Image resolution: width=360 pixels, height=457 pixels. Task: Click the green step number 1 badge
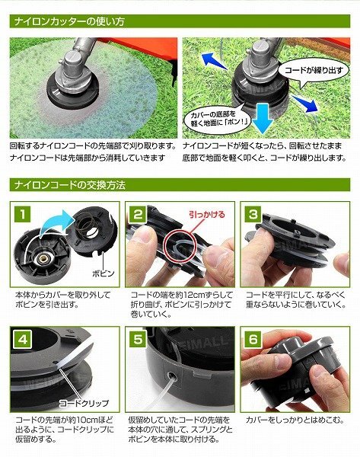[22, 215]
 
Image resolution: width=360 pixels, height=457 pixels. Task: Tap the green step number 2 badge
[138, 215]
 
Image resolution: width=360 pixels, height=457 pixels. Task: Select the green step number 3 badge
[253, 215]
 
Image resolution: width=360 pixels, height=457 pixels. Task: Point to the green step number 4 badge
[22, 340]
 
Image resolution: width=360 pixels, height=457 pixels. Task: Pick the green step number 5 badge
[138, 340]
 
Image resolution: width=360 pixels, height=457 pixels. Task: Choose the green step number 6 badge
[253, 340]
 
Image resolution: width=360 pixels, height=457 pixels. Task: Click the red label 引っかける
[207, 215]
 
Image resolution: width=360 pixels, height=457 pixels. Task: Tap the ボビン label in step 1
[103, 273]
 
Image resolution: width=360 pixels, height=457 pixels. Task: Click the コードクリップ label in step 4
[84, 404]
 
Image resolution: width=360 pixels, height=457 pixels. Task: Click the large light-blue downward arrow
[263, 118]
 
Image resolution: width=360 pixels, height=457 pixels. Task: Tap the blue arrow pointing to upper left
[215, 62]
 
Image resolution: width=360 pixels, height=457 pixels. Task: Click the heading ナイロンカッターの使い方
[69, 21]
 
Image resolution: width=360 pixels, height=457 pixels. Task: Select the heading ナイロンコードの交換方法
[70, 185]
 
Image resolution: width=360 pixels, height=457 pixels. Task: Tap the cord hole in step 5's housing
[171, 376]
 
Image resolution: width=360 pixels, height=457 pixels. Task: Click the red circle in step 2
[180, 244]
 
